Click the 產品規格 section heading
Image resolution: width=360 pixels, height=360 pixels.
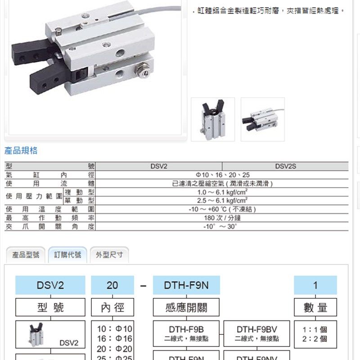click(21, 151)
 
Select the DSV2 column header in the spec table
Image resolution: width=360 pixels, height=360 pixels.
click(159, 166)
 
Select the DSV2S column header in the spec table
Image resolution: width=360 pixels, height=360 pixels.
click(285, 166)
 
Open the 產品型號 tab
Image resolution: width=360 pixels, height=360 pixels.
click(26, 255)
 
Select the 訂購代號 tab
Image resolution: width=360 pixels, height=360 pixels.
click(67, 255)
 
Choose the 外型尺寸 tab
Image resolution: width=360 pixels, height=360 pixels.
click(109, 255)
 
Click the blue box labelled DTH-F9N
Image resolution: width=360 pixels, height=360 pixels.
click(186, 285)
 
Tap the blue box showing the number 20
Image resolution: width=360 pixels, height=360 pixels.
click(112, 285)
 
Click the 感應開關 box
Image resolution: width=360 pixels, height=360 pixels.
click(186, 307)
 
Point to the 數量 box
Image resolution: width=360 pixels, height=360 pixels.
click(315, 307)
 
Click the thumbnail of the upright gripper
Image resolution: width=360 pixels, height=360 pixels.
click(213, 119)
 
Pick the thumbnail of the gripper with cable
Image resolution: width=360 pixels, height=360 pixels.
click(262, 119)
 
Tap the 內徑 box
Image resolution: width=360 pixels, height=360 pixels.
click(112, 307)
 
